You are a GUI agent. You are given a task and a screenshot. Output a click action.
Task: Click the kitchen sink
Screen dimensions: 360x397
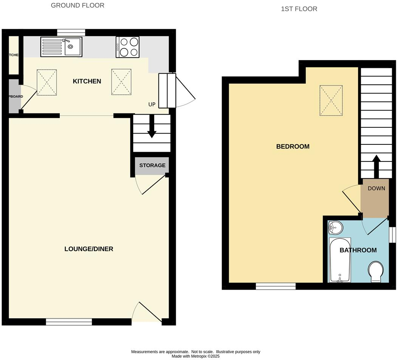pyautogui.click(x=61, y=46)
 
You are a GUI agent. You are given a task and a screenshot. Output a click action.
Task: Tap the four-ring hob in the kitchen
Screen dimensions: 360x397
pyautogui.click(x=128, y=47)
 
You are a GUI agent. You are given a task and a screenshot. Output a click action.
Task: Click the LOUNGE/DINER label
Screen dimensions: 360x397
pyautogui.click(x=89, y=249)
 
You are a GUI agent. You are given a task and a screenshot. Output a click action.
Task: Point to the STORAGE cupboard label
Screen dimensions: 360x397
pyautogui.click(x=152, y=165)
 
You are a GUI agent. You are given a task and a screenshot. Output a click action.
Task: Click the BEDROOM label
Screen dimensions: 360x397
pyautogui.click(x=293, y=146)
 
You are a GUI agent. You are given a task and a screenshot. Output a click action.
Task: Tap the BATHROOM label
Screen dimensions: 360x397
pyautogui.click(x=358, y=250)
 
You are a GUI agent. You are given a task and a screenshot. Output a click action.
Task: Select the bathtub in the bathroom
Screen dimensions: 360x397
pyautogui.click(x=340, y=260)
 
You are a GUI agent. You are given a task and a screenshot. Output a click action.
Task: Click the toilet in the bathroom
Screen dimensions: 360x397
pyautogui.click(x=376, y=272)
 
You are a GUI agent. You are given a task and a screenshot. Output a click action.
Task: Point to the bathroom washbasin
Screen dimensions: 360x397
pyautogui.click(x=335, y=228)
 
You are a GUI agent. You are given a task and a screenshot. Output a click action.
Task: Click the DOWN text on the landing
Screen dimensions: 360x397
pyautogui.click(x=376, y=188)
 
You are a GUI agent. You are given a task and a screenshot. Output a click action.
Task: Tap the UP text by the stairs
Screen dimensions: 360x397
pyautogui.click(x=152, y=104)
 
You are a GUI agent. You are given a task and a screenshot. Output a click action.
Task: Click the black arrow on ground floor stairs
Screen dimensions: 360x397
pyautogui.click(x=152, y=129)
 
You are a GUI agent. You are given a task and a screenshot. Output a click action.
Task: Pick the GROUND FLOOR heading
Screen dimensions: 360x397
pyautogui.click(x=78, y=5)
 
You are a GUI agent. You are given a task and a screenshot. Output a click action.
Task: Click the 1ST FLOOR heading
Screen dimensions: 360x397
pyautogui.click(x=299, y=9)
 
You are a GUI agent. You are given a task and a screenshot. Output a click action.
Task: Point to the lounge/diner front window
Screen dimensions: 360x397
pyautogui.click(x=69, y=322)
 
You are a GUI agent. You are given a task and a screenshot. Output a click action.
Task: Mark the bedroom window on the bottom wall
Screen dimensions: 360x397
pyautogui.click(x=276, y=287)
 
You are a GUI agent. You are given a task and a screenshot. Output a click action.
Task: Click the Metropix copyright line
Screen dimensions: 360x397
pyautogui.click(x=195, y=356)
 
